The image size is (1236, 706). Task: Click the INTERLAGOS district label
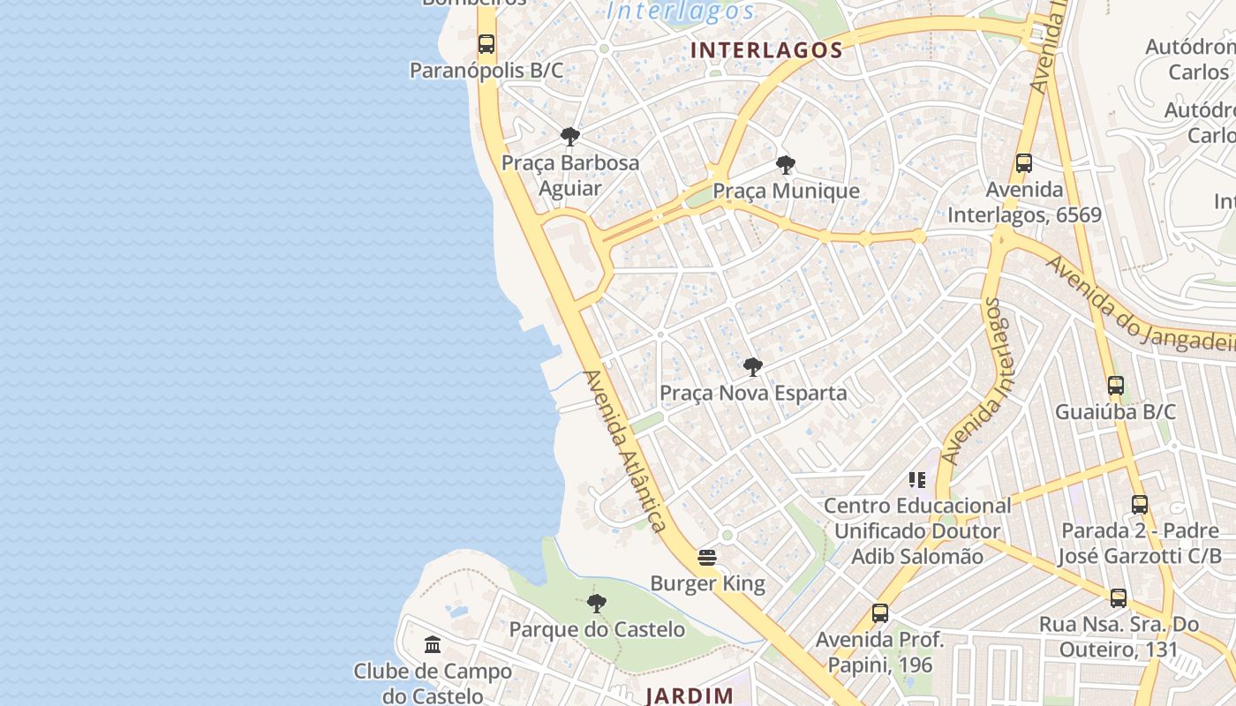(766, 50)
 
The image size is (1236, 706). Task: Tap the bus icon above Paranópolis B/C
(486, 43)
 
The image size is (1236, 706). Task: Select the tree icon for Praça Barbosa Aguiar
(570, 137)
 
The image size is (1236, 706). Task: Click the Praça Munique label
(786, 191)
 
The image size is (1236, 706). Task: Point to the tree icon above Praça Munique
(785, 165)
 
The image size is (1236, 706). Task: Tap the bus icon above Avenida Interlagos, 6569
(1024, 163)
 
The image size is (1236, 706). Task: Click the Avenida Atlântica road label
(624, 450)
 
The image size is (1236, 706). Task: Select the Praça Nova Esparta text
(753, 393)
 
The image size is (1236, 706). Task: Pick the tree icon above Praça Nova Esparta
(752, 367)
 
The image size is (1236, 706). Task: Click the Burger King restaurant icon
(706, 558)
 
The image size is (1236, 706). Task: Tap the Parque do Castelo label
(597, 629)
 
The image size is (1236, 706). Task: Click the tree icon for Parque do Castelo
(597, 604)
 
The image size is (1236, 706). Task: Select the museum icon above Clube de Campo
(433, 644)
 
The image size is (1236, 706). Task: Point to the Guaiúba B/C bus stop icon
(1116, 386)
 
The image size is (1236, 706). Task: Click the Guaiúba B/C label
(1116, 411)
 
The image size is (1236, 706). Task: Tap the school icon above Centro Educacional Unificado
(917, 480)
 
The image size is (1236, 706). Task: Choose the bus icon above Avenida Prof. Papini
(880, 613)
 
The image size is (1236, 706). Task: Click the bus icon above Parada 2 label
(1140, 505)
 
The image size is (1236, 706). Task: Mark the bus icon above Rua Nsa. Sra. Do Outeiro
(1119, 598)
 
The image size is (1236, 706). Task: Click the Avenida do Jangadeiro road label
(1139, 305)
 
